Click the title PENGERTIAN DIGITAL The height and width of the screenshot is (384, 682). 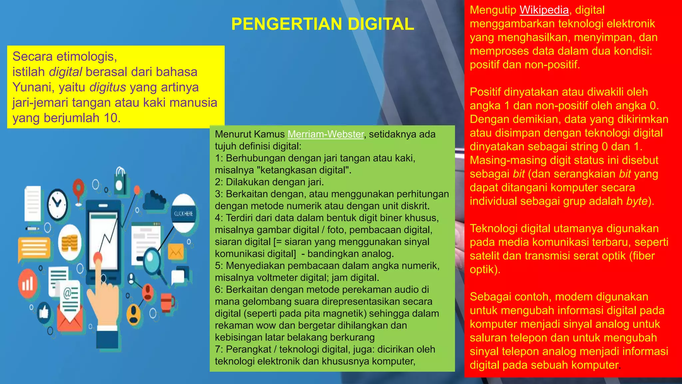(x=322, y=24)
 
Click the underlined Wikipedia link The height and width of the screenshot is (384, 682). (x=544, y=10)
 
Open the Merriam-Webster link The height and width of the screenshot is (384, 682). (x=325, y=134)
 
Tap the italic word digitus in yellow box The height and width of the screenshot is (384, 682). (x=108, y=87)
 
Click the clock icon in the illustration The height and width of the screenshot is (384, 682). (x=57, y=204)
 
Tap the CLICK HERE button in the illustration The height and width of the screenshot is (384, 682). (x=183, y=214)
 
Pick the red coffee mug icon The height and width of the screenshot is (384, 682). (x=167, y=301)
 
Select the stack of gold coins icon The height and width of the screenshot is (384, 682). (x=69, y=243)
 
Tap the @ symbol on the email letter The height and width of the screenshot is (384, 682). (x=68, y=293)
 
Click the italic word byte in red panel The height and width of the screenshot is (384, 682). (x=636, y=201)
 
